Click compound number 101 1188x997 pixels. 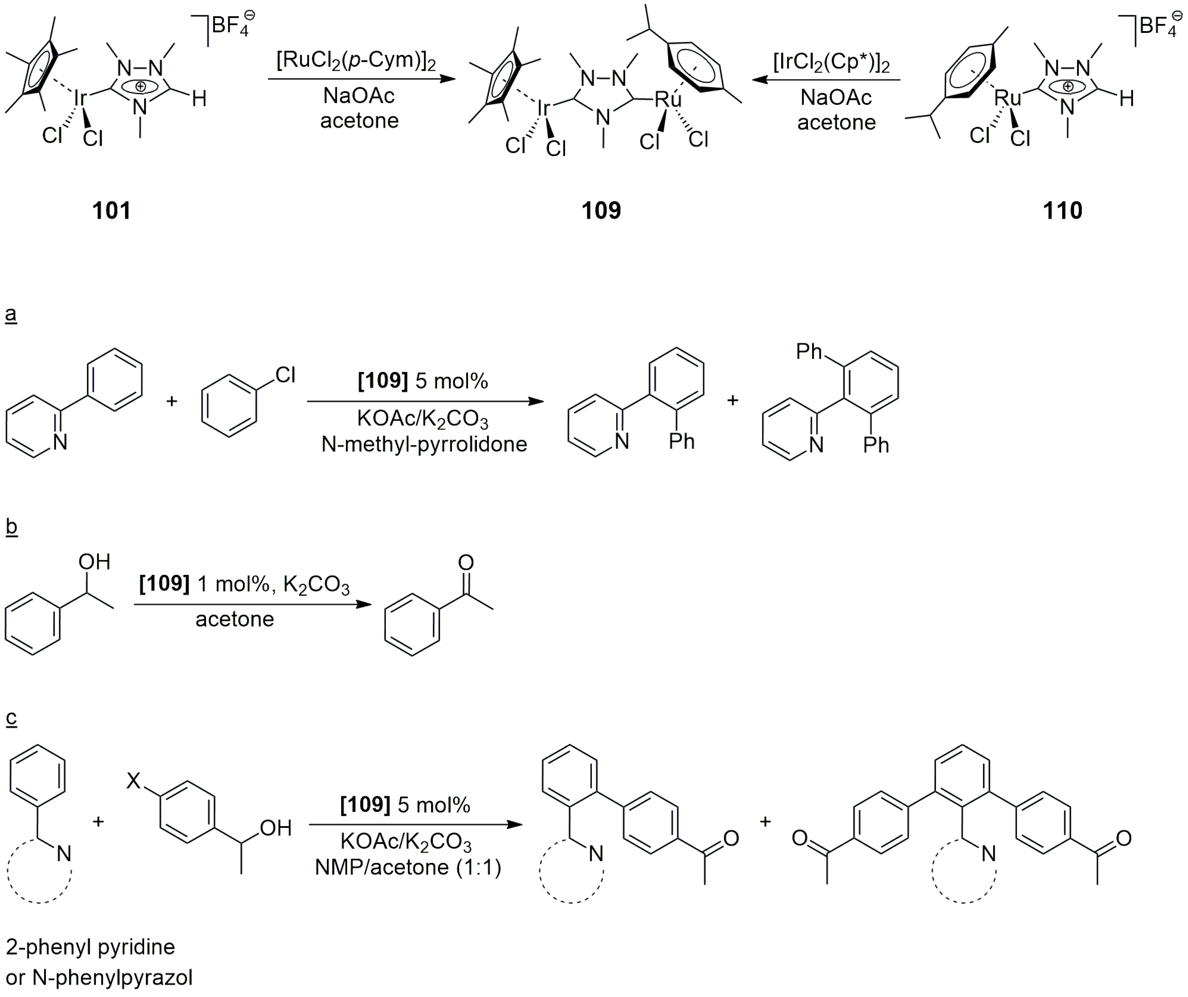coord(111,210)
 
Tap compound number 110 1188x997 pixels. coord(1062,210)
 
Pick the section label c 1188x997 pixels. coord(11,717)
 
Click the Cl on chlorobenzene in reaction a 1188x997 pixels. coord(285,374)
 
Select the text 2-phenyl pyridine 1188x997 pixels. coord(90,947)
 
